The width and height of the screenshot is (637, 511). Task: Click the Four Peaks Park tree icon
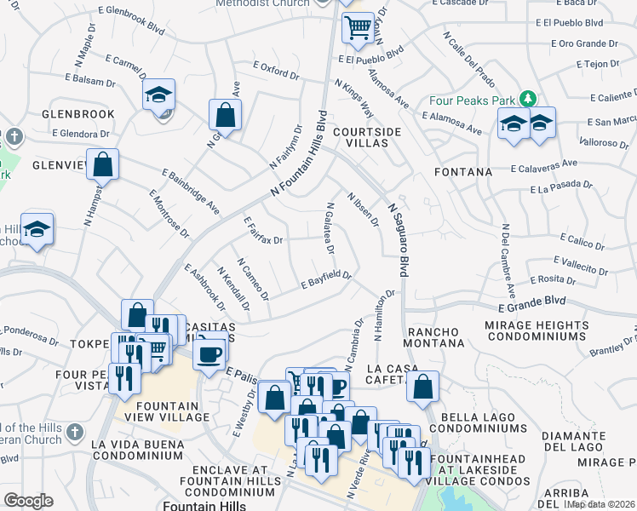coord(528,99)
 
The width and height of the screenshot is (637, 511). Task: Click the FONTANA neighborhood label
coord(463,172)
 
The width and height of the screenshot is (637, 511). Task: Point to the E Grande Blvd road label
coord(532,302)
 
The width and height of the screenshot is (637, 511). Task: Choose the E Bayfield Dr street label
coord(327,279)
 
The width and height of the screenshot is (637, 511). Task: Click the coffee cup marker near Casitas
coord(209,352)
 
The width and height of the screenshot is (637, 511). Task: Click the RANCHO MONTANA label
coord(433,337)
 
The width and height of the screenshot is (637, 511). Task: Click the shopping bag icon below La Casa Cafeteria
coord(422,387)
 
